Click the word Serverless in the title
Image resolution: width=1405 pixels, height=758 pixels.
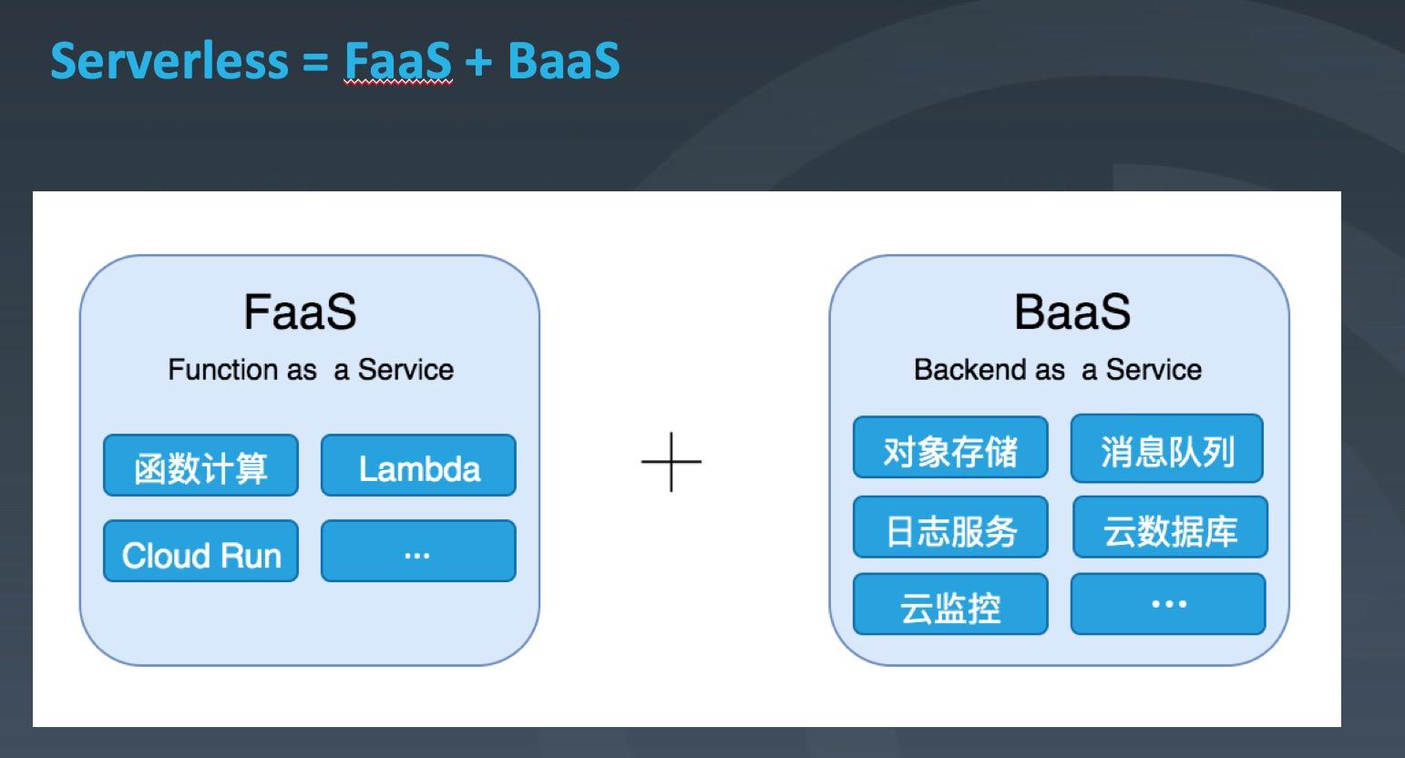tap(169, 60)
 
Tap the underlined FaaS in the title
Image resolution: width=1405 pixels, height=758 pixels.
tap(397, 60)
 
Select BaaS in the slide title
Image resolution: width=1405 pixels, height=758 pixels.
tap(563, 60)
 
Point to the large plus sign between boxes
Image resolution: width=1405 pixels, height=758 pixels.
tap(672, 462)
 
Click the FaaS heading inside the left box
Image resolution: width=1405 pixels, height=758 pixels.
tap(300, 312)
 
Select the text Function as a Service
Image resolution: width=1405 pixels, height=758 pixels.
tap(310, 370)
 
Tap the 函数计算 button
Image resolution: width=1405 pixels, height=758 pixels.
tap(200, 466)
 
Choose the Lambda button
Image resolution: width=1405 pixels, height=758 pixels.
tap(418, 466)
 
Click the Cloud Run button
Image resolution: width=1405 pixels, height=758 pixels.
tap(200, 552)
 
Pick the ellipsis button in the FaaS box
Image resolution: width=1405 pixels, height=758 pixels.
tap(418, 552)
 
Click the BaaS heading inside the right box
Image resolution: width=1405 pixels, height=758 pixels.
tap(1072, 312)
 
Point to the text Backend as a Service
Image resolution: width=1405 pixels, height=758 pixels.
tap(1057, 370)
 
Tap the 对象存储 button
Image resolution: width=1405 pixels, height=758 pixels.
tap(950, 448)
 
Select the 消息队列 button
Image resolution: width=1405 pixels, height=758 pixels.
tap(1167, 448)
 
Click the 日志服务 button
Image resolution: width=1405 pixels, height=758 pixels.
tap(950, 528)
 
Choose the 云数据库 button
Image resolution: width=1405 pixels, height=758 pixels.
tap(1170, 528)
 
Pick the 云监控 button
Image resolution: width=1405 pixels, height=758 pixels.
tap(950, 605)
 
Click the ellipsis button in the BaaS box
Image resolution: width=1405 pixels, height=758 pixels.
tap(1168, 604)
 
